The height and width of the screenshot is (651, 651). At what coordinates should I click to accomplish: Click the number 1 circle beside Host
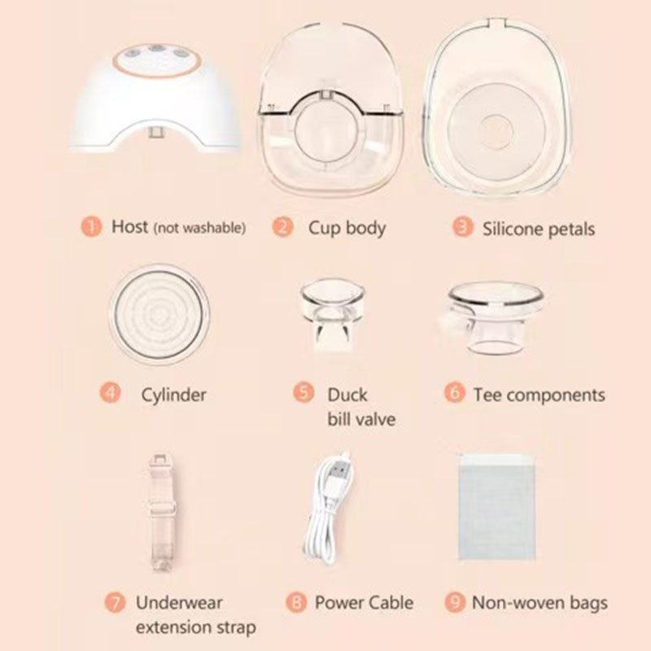[x=91, y=227]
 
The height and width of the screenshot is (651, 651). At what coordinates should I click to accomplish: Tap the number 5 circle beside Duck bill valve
[x=304, y=392]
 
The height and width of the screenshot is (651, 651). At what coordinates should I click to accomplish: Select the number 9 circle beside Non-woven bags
[x=455, y=602]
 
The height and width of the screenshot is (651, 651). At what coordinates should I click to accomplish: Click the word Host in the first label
[x=129, y=227]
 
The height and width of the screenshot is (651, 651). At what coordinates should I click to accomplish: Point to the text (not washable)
[x=199, y=228]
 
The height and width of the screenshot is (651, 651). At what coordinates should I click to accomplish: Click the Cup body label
[x=347, y=229]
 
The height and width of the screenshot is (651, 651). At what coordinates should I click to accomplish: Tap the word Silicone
[x=513, y=229]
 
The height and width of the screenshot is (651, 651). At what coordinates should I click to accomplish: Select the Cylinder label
[x=173, y=395]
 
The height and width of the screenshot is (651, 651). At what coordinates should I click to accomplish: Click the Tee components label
[x=540, y=395]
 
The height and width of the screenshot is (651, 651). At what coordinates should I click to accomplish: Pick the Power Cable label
[x=364, y=602]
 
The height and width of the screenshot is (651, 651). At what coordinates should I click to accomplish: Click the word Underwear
[x=179, y=602]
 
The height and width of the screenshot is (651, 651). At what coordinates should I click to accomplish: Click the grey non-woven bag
[x=496, y=506]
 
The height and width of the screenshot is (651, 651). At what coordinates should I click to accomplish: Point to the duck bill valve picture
[x=333, y=314]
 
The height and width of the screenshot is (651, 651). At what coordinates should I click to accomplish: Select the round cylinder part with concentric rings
[x=159, y=314]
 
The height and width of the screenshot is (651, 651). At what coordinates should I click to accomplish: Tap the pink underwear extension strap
[x=160, y=512]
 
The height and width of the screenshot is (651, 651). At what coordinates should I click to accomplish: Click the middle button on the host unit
[x=156, y=49]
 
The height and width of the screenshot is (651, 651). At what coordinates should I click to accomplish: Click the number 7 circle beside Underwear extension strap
[x=115, y=602]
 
